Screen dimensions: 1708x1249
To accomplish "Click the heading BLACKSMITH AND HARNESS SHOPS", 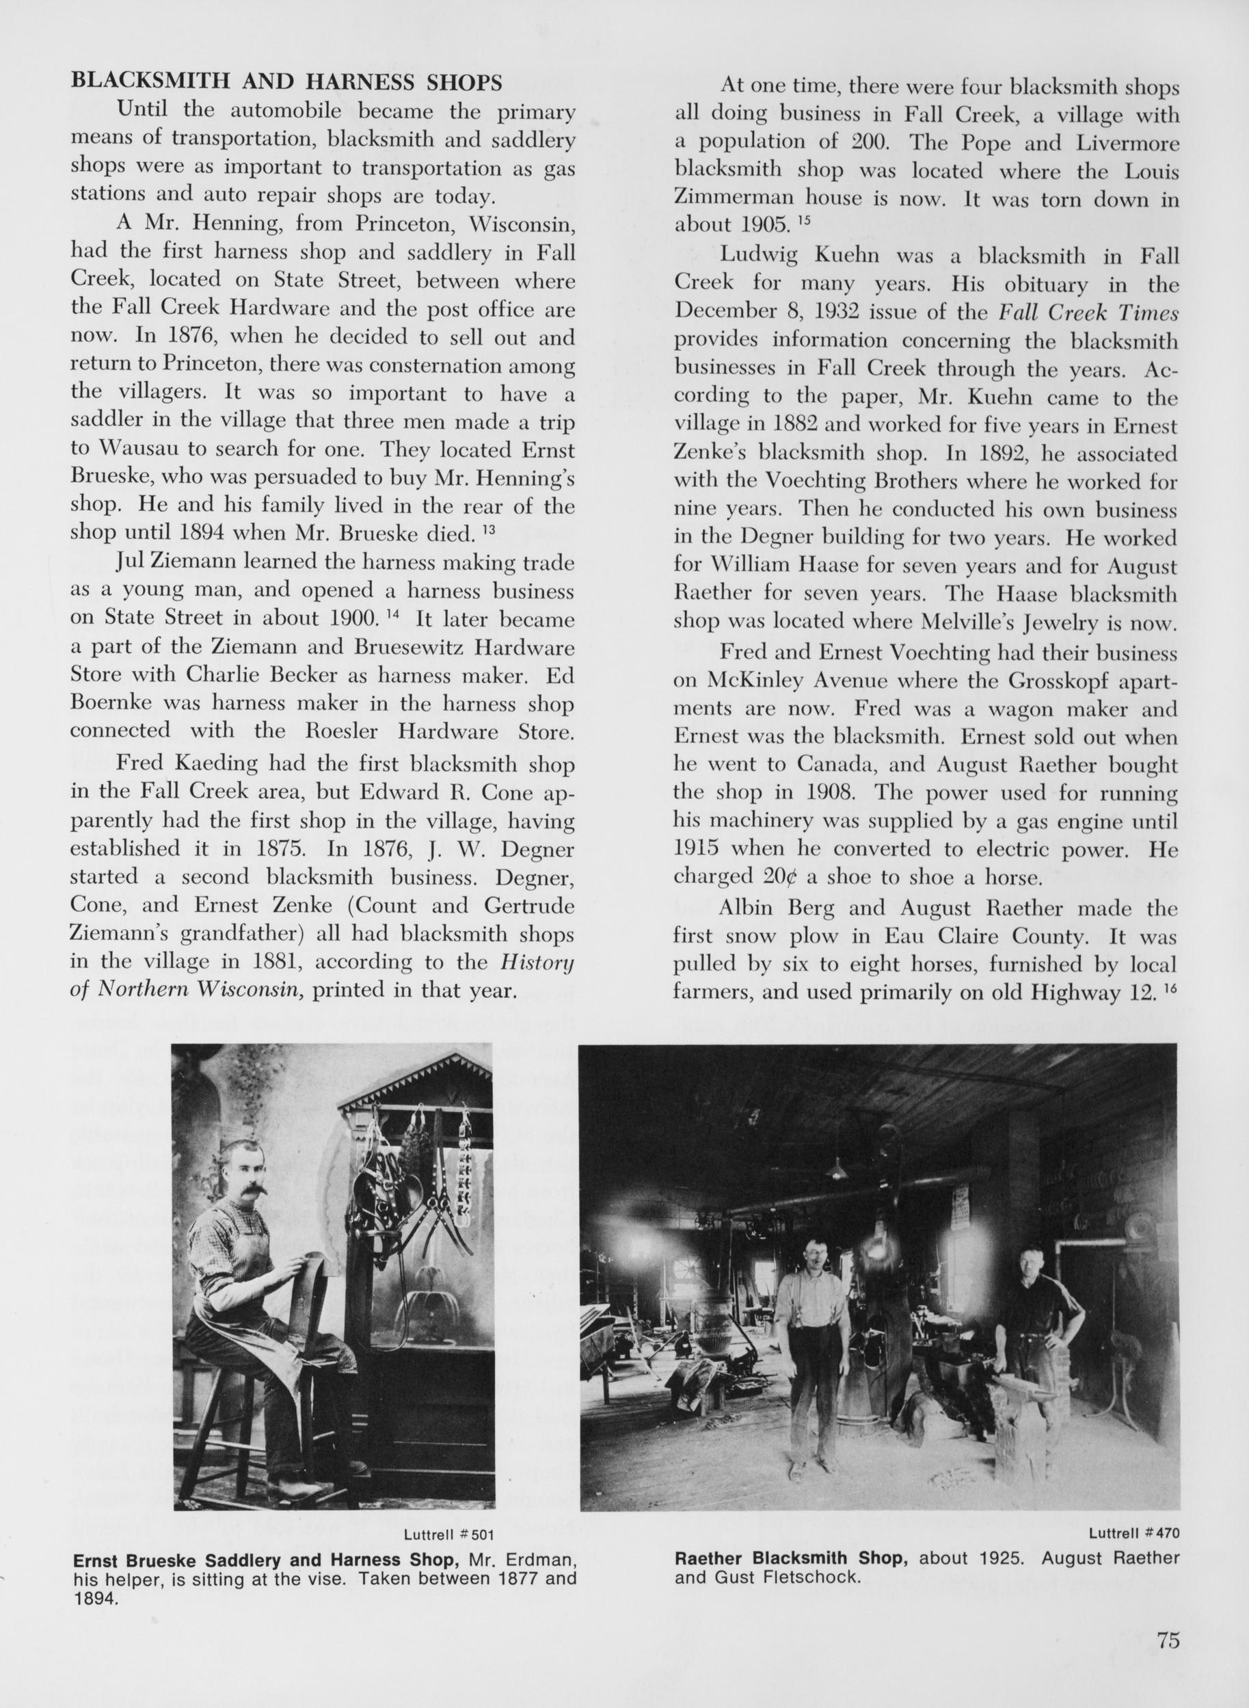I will coord(286,83).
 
